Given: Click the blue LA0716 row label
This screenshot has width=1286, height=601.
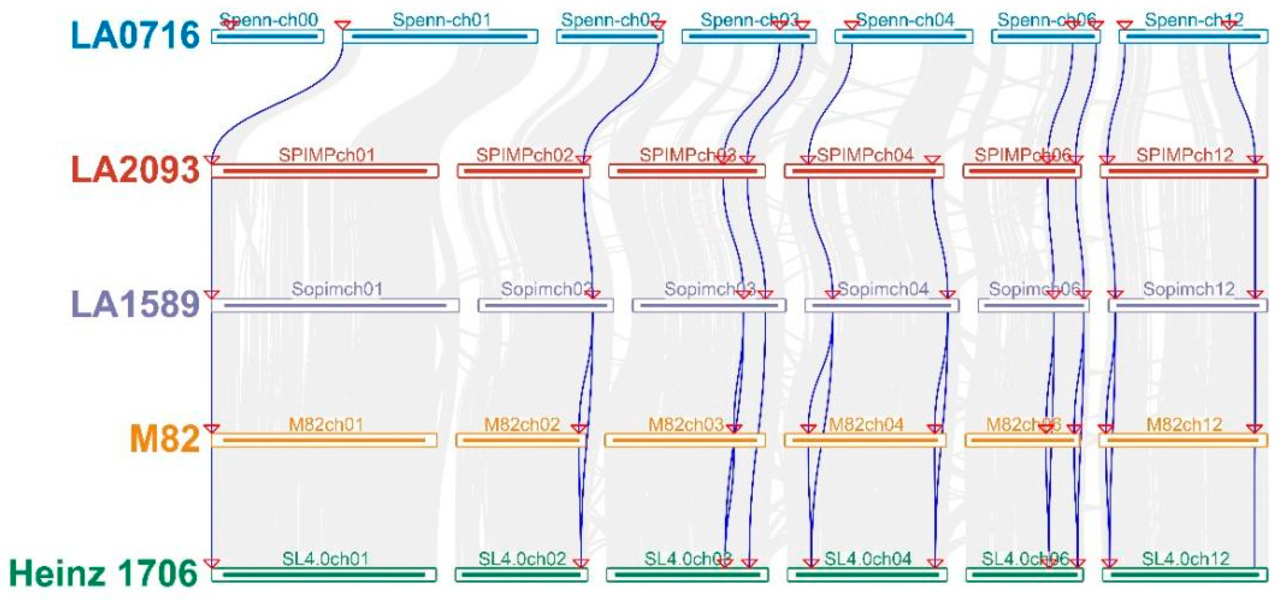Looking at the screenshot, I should click(x=135, y=35).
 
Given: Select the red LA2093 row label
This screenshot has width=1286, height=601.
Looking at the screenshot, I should click(x=135, y=170).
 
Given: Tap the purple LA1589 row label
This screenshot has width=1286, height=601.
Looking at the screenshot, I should click(x=135, y=304).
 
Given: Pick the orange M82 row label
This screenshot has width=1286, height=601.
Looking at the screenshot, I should click(x=164, y=439).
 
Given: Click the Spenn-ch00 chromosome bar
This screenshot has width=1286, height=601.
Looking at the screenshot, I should click(x=268, y=37).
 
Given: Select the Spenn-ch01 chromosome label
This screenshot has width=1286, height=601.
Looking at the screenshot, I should click(x=441, y=20).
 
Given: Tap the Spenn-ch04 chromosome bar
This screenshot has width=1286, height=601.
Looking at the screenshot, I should click(x=904, y=37).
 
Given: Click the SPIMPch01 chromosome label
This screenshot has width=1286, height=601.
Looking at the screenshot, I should click(x=327, y=155).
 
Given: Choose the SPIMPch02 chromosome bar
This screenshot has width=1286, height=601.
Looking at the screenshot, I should click(x=523, y=171).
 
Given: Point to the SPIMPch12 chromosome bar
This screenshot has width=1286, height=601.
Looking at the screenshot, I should click(x=1183, y=171).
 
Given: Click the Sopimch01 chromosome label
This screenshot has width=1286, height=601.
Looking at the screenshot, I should click(x=337, y=289).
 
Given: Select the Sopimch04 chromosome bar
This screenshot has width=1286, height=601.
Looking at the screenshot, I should click(x=882, y=305).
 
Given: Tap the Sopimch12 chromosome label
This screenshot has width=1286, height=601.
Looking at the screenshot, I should click(x=1188, y=289).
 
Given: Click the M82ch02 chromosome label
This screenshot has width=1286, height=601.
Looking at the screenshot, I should click(x=522, y=425).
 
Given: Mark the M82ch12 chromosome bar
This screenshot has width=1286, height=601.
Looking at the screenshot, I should click(x=1183, y=440).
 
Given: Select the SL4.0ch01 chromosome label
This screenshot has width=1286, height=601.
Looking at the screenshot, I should click(x=325, y=559).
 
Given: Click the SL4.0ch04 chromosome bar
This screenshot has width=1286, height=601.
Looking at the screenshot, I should click(x=867, y=575).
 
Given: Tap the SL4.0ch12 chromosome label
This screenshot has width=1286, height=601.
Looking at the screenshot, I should click(x=1186, y=559).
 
